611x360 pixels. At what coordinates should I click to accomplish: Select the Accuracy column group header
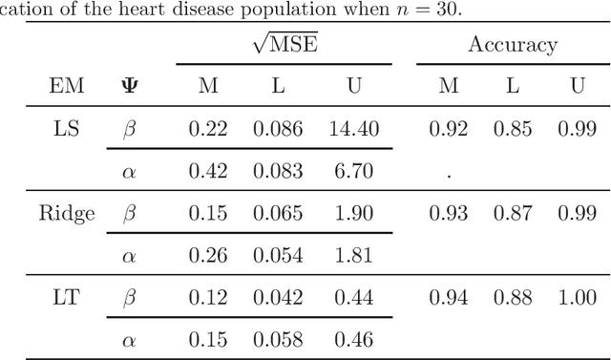pos(512,44)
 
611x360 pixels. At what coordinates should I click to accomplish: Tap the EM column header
pos(67,86)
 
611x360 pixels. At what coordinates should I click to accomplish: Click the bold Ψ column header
pos(128,86)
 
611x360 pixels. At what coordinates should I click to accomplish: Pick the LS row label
pos(67,127)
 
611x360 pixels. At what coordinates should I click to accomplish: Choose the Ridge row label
pos(67,213)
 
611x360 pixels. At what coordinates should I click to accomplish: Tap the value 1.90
pos(352,213)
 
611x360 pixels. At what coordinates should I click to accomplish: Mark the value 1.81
pos(352,256)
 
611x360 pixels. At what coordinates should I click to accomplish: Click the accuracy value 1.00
pos(577,299)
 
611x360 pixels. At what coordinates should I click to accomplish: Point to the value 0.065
pos(278,213)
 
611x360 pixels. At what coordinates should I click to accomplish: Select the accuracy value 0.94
pos(448,299)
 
